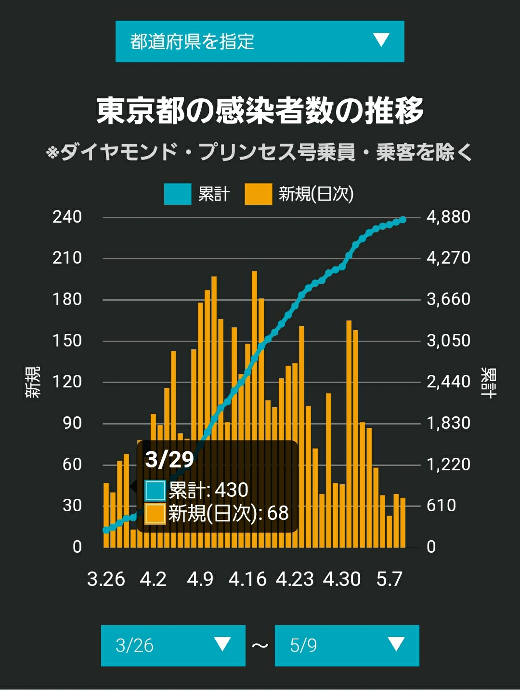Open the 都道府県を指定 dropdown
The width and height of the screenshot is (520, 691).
coord(260,41)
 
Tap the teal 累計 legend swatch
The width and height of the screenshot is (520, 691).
coord(177,194)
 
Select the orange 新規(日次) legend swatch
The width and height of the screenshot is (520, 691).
coord(258,194)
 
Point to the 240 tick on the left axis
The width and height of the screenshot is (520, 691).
coord(67,217)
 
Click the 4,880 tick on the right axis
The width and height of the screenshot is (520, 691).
coord(448,217)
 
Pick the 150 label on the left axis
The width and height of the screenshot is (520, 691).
coord(67,341)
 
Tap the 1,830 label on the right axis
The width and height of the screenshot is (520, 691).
coord(448,423)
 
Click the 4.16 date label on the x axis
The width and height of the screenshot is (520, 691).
coord(247,579)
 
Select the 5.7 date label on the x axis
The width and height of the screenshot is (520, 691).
coord(390,579)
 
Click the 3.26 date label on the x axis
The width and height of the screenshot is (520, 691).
coord(106,579)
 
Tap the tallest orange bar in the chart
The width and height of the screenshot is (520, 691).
coord(255,409)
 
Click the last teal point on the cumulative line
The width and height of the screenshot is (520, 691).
coord(403,219)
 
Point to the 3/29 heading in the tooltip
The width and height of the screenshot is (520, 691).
coord(169,460)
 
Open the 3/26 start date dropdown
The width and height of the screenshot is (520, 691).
coord(173,646)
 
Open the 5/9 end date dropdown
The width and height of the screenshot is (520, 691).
coord(347,646)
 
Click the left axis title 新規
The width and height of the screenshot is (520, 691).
coord(33,382)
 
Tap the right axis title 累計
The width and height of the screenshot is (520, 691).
coord(489,383)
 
